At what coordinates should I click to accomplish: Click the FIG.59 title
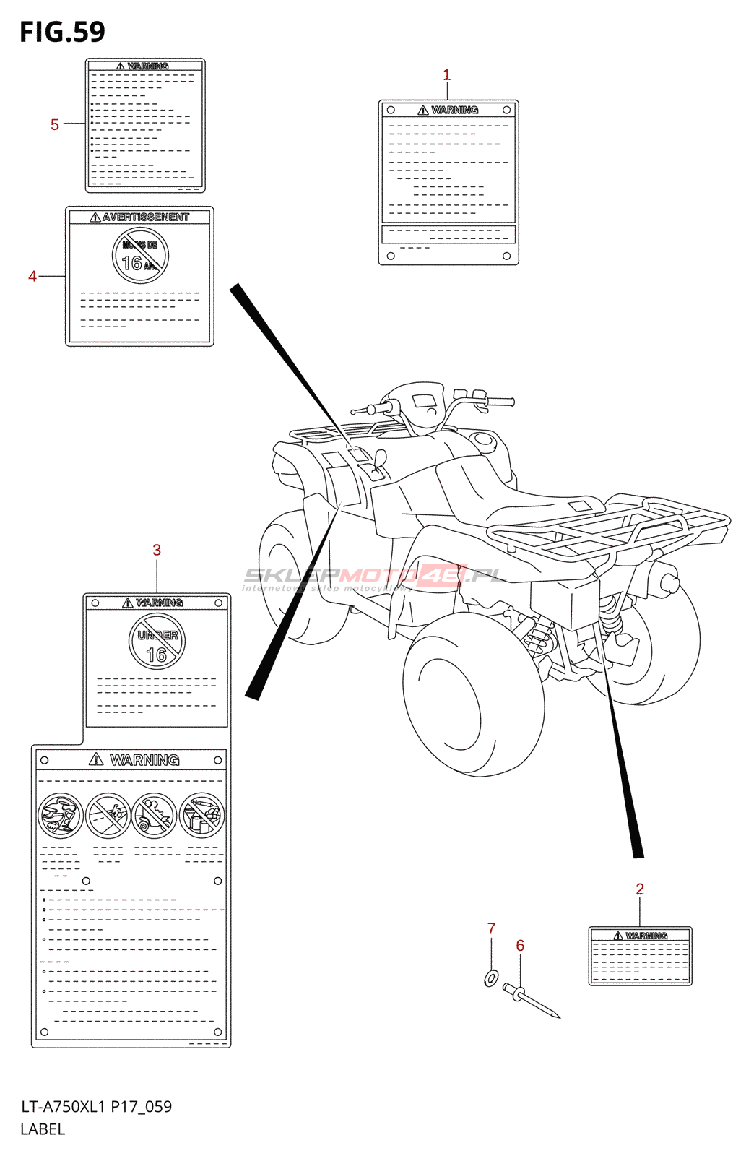(62, 32)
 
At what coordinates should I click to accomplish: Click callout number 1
(446, 74)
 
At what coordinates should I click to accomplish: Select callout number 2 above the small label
(639, 889)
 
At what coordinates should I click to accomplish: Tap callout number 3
(157, 550)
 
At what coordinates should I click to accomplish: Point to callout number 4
(32, 276)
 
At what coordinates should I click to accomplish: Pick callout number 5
(55, 124)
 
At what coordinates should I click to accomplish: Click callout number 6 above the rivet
(520, 945)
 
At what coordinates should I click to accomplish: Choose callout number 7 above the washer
(491, 928)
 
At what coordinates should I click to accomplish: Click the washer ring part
(491, 979)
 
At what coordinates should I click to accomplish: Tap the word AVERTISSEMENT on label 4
(145, 217)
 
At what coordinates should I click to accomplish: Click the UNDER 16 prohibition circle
(157, 642)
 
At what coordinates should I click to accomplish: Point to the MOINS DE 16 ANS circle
(140, 256)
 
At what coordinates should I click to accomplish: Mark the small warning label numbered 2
(640, 956)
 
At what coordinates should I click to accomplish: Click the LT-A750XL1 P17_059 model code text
(96, 1107)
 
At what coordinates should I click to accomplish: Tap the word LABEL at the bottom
(43, 1129)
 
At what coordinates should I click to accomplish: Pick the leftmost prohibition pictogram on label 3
(61, 815)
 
